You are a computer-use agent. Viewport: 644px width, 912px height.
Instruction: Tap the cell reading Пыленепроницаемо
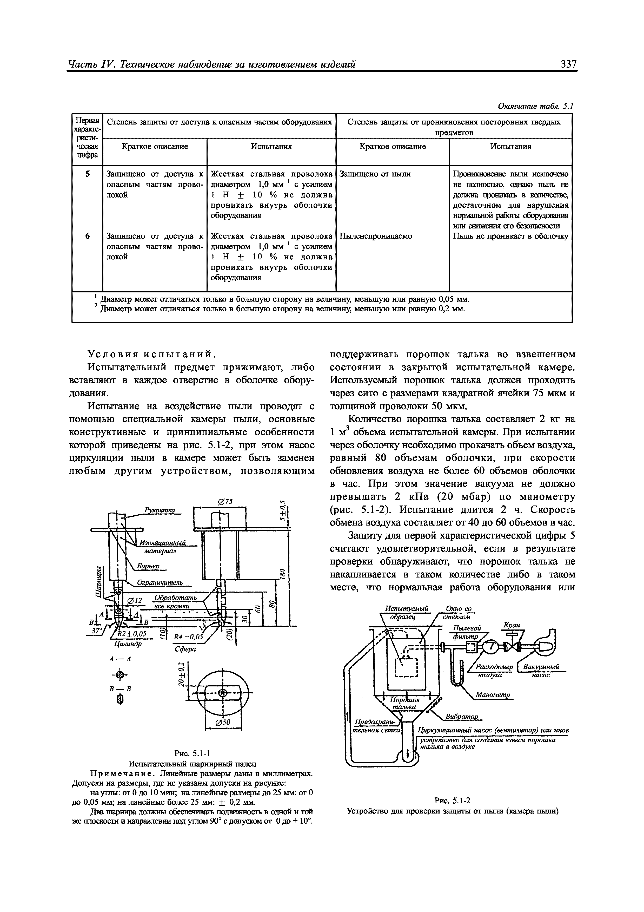(376, 236)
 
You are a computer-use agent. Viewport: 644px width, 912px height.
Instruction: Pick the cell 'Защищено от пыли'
(375, 174)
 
